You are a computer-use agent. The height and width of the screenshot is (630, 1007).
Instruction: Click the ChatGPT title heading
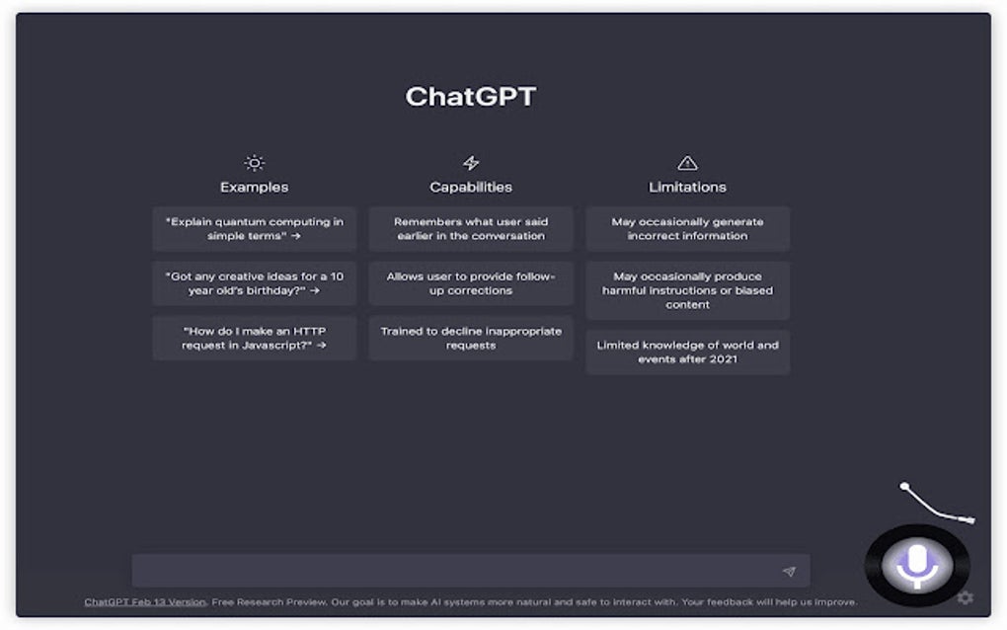(x=471, y=97)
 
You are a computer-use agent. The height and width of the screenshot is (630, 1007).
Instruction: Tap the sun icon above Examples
(x=255, y=163)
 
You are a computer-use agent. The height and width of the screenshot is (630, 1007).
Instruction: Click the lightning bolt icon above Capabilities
(x=471, y=163)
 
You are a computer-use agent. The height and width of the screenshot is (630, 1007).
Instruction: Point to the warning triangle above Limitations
(x=687, y=163)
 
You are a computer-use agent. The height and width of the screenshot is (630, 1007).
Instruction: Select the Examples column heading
(x=255, y=187)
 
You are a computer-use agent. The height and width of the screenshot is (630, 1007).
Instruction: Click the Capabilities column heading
(x=471, y=187)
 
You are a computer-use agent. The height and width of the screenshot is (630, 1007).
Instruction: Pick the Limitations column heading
(x=687, y=187)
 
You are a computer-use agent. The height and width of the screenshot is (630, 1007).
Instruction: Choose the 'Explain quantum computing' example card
(x=255, y=229)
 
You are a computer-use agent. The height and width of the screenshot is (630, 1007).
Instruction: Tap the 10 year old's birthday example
(x=255, y=283)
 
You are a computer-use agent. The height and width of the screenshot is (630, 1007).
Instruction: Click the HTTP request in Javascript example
(x=255, y=338)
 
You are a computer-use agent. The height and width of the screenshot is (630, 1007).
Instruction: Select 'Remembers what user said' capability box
(x=471, y=229)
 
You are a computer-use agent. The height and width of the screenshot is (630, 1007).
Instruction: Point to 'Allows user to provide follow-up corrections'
(x=471, y=283)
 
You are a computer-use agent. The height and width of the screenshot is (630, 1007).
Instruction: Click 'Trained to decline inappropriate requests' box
(x=471, y=338)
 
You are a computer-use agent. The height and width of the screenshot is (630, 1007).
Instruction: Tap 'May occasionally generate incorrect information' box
(x=687, y=229)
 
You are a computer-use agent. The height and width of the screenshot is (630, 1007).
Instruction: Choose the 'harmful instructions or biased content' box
(x=687, y=290)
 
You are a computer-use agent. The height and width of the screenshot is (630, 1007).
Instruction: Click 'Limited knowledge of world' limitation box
(x=687, y=353)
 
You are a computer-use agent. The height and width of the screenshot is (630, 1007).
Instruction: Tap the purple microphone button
(x=918, y=565)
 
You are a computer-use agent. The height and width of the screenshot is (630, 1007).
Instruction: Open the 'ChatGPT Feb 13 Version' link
(x=145, y=602)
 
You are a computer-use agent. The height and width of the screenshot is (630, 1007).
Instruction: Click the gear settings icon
(x=966, y=597)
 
